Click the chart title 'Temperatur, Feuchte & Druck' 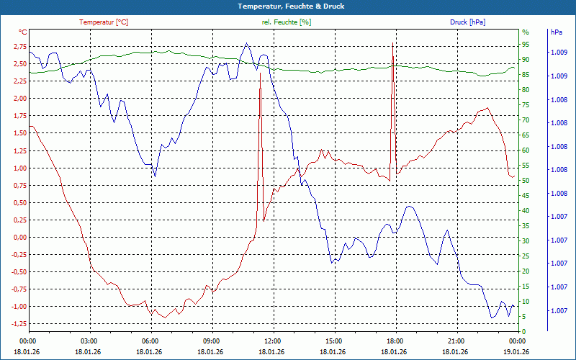pyautogui.click(x=288, y=6)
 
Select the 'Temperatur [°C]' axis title pyautogui.click(x=104, y=22)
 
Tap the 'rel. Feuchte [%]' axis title pyautogui.click(x=287, y=22)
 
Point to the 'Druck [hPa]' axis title pyautogui.click(x=467, y=22)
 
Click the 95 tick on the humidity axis pyautogui.click(x=526, y=44)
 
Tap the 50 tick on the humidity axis pyautogui.click(x=526, y=180)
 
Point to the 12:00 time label pyautogui.click(x=272, y=341)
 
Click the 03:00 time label pyautogui.click(x=89, y=341)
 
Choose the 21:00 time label pyautogui.click(x=456, y=341)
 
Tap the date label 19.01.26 pyautogui.click(x=517, y=352)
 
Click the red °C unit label pyautogui.click(x=23, y=32)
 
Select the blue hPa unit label pyautogui.click(x=556, y=32)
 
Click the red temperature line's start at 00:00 pyautogui.click(x=29, y=127)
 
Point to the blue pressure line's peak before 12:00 pyautogui.click(x=247, y=43)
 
